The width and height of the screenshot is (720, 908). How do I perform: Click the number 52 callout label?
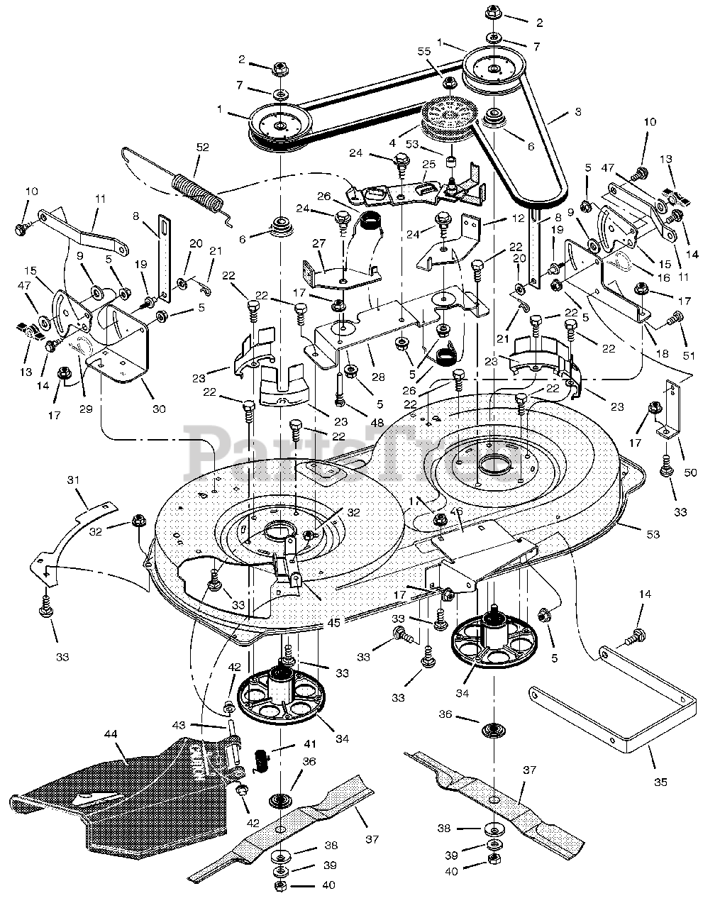(203, 148)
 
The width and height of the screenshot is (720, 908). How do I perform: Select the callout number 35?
(660, 782)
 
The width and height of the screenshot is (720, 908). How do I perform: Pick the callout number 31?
(74, 480)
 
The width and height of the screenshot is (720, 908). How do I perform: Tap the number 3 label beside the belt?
(578, 111)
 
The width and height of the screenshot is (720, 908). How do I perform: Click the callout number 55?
(424, 51)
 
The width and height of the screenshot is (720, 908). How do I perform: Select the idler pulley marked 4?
(450, 116)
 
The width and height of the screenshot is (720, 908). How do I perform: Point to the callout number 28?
(378, 377)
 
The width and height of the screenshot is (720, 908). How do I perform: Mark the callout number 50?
(690, 472)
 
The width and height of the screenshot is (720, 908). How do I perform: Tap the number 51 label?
(689, 355)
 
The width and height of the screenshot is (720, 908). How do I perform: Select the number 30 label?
(159, 409)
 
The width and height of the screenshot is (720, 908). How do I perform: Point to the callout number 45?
(334, 623)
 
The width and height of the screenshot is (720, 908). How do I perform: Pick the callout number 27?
(319, 243)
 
